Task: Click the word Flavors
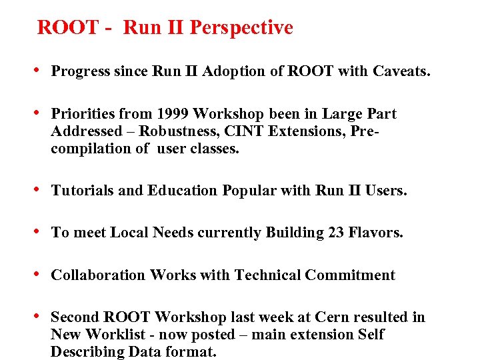point(376,233)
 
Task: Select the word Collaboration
point(98,275)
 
